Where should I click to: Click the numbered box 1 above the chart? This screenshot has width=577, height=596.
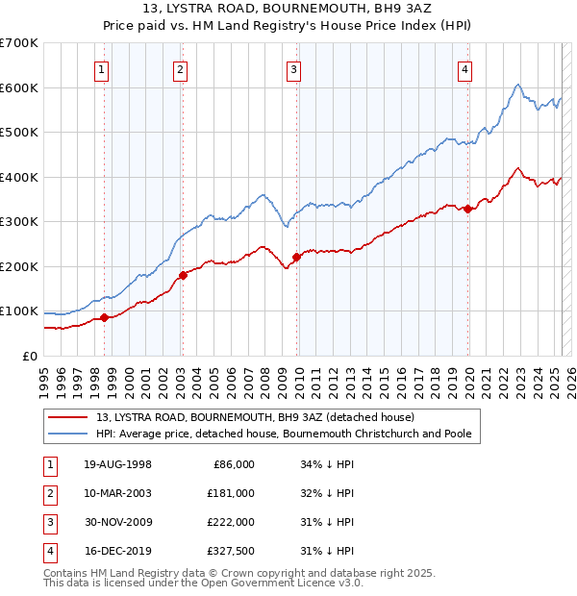[102, 69]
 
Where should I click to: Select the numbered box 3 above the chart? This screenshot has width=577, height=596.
[293, 69]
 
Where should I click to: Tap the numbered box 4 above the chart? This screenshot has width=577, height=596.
[464, 69]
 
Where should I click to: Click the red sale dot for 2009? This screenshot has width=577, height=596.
[297, 257]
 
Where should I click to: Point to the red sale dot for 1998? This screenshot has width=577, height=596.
[104, 317]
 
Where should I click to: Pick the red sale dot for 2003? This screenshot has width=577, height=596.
[183, 275]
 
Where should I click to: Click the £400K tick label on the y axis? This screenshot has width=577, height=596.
[19, 177]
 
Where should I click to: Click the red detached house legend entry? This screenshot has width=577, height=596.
[255, 417]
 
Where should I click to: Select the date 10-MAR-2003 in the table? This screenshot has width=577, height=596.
[117, 493]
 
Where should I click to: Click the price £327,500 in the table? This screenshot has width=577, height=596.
[231, 551]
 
